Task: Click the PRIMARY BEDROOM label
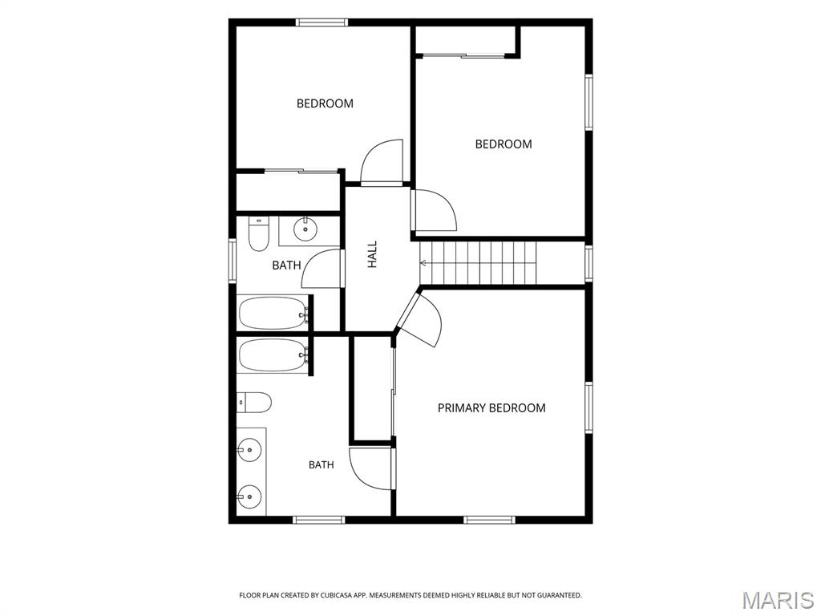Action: click(491, 407)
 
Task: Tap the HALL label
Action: click(372, 254)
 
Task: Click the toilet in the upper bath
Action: click(257, 234)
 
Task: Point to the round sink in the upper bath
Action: click(305, 229)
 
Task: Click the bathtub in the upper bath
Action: click(273, 313)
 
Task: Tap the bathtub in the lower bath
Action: click(273, 355)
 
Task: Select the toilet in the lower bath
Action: click(253, 403)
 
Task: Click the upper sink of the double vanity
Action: click(249, 450)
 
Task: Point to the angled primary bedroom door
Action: click(419, 319)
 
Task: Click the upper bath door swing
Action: click(322, 268)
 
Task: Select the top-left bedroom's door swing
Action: click(382, 162)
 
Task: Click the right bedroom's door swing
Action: click(434, 210)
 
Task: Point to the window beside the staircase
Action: click(588, 263)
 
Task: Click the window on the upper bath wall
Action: click(232, 261)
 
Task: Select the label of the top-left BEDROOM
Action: click(325, 103)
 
